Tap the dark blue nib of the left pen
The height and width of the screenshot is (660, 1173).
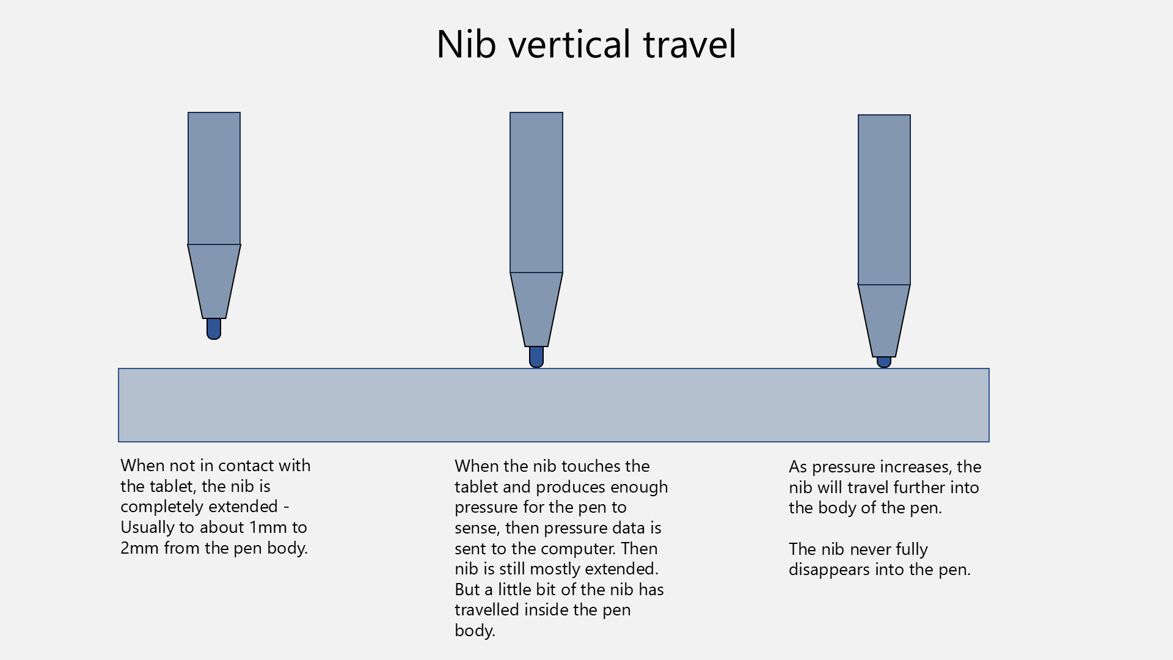pos(214,329)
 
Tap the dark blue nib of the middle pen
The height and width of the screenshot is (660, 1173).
pos(536,357)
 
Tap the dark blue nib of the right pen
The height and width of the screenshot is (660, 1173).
pos(884,362)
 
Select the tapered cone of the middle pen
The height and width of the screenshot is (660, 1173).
pos(536,309)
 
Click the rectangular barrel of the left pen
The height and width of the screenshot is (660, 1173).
pos(214,178)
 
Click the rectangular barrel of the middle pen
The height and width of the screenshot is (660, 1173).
pos(536,193)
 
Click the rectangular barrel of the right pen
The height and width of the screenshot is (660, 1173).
pos(884,200)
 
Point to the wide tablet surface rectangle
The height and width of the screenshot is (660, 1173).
pos(554,405)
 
